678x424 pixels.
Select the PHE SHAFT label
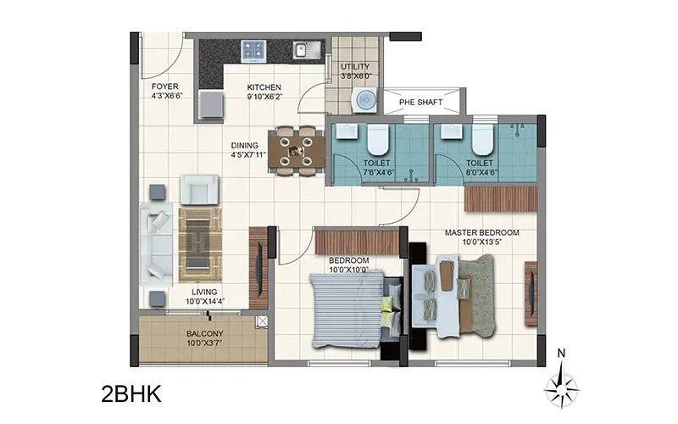422,103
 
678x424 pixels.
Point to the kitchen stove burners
253,50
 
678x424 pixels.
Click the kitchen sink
304,50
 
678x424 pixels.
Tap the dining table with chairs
296,150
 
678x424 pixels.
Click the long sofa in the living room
156,243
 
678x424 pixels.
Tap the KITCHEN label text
264,87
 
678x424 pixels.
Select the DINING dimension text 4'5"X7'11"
248,155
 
